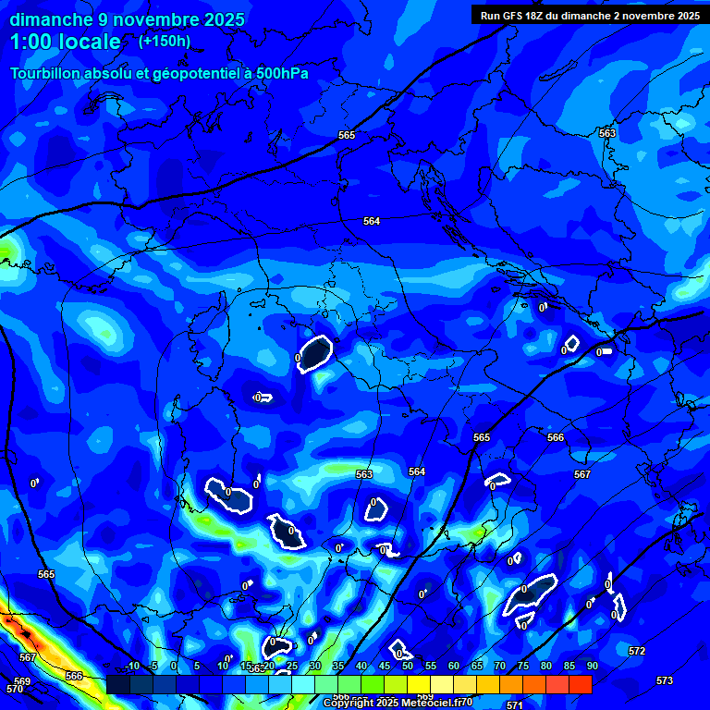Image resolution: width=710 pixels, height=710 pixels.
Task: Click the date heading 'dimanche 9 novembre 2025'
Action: (x=127, y=19)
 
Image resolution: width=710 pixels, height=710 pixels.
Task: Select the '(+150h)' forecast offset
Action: (x=165, y=41)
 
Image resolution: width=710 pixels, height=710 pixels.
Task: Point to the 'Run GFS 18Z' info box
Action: (x=589, y=15)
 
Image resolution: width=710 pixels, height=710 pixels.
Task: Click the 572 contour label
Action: (x=637, y=651)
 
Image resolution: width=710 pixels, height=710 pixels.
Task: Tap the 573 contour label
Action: (x=665, y=680)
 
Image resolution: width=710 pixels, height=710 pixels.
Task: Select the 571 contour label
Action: (x=515, y=704)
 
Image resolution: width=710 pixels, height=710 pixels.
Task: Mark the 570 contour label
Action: (x=14, y=689)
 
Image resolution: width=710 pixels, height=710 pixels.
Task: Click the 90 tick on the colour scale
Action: (x=592, y=666)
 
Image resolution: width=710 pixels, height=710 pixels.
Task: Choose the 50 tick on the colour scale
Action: (x=407, y=666)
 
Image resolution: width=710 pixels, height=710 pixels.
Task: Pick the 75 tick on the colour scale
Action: (x=522, y=666)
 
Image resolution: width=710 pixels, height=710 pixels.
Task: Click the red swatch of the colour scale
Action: (x=581, y=684)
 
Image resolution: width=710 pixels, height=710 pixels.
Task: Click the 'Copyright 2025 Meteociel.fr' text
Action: (x=398, y=703)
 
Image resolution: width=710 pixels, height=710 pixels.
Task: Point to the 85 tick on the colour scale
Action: (x=569, y=666)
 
